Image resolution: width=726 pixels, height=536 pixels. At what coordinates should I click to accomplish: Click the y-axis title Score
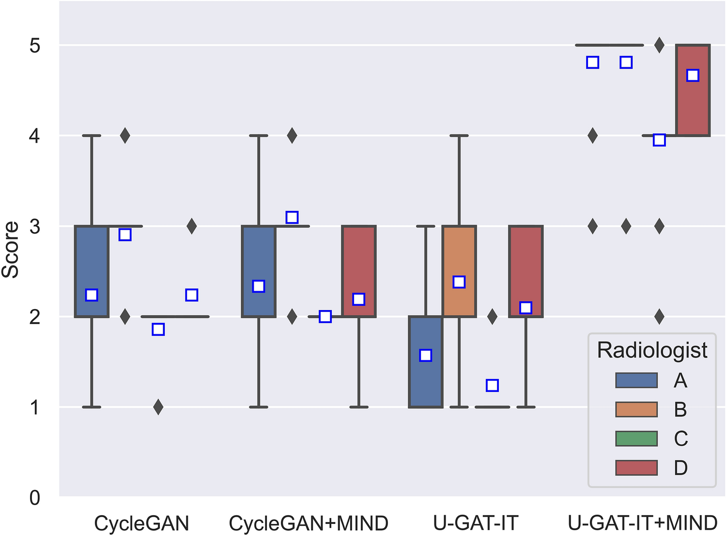(x=11, y=250)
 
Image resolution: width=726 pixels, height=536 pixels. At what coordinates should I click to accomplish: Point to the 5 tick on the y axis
(x=35, y=46)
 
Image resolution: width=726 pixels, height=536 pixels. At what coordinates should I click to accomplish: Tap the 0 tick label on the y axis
(x=35, y=497)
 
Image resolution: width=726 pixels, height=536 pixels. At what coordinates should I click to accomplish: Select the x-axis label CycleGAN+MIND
(x=309, y=523)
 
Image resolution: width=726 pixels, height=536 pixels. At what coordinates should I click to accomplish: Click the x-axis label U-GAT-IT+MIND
(x=642, y=523)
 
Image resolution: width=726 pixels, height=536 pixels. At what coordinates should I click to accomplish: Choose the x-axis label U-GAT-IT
(x=476, y=523)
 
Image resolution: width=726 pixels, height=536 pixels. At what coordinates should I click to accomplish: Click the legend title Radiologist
(x=652, y=350)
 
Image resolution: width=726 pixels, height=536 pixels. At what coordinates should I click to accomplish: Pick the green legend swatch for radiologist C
(x=636, y=439)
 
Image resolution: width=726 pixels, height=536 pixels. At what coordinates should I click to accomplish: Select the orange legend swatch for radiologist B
(x=636, y=410)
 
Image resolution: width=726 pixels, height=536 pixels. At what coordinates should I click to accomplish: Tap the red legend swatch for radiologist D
(x=636, y=468)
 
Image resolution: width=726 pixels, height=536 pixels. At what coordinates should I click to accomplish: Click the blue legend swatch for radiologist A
(x=636, y=381)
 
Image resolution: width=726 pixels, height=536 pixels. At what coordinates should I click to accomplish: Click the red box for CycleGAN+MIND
(x=359, y=256)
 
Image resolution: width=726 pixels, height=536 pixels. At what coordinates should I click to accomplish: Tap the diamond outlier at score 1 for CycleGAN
(x=158, y=407)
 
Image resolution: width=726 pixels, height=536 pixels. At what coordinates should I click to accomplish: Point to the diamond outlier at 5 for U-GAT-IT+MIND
(x=659, y=45)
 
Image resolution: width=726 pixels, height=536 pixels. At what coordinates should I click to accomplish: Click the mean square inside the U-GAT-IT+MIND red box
(x=693, y=75)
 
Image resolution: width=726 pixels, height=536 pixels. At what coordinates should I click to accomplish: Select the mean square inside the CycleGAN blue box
(x=92, y=295)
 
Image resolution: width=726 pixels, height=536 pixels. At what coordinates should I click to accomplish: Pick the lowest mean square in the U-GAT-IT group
(x=492, y=386)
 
